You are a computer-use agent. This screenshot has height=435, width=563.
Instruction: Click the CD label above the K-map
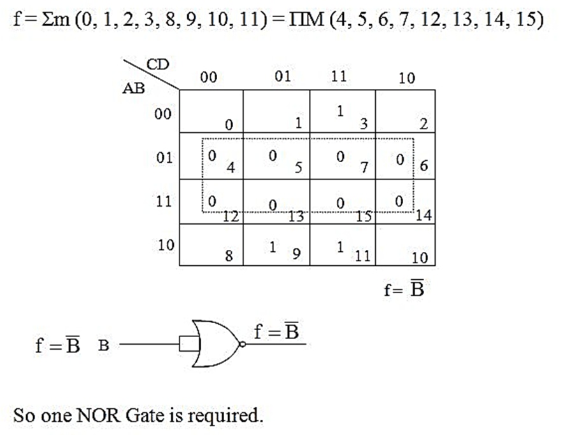point(157,65)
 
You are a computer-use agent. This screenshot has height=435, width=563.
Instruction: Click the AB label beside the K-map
point(134,88)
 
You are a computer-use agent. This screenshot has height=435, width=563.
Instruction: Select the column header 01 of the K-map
point(283,76)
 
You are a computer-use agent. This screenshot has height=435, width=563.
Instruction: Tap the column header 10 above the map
point(407,78)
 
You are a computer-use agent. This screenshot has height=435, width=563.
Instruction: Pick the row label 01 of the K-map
point(164,158)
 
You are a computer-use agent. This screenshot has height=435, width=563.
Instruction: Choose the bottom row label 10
point(166,245)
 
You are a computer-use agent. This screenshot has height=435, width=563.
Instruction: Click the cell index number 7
point(364,167)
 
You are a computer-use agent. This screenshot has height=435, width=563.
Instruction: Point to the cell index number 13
point(296,216)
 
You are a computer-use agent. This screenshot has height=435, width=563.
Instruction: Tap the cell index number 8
point(229,256)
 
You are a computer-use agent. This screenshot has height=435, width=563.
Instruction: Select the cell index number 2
point(424,124)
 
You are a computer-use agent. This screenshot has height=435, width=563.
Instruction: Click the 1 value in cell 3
point(340,111)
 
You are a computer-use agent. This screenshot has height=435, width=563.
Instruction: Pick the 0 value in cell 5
point(273,156)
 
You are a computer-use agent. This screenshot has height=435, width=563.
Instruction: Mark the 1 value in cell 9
point(273,247)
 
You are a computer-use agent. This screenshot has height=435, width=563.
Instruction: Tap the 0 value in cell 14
point(399,202)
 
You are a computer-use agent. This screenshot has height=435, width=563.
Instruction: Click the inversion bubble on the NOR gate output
point(243,344)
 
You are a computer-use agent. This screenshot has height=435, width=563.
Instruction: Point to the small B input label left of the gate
point(103,346)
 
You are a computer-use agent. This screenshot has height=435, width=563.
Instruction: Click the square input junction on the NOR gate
point(189,344)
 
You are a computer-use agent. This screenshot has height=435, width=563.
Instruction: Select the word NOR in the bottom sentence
point(98,416)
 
